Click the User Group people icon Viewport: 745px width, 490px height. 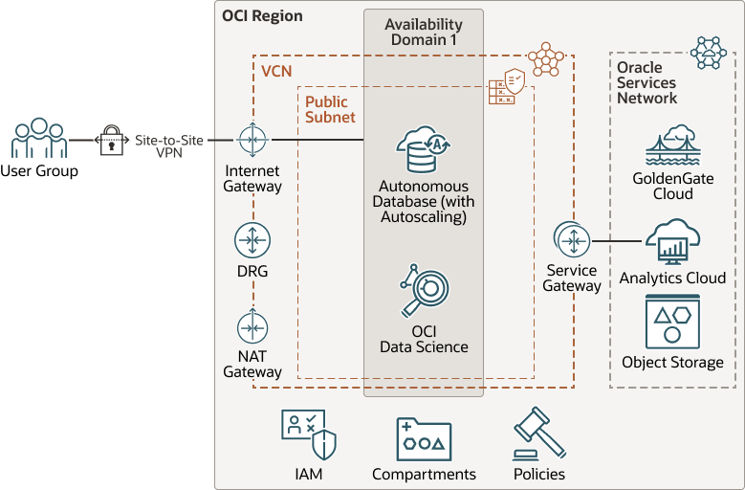[38, 139]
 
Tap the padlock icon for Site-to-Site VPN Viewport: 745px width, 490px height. [112, 140]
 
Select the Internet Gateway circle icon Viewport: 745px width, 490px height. [252, 141]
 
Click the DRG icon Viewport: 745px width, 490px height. [252, 240]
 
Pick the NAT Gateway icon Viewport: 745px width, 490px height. [252, 328]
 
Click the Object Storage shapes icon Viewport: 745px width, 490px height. [672, 323]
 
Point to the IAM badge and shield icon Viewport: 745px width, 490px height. [309, 434]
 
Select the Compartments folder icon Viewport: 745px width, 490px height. [424, 439]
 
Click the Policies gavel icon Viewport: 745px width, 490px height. [539, 434]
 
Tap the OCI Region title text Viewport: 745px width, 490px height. [262, 16]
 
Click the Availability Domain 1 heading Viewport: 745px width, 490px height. [423, 32]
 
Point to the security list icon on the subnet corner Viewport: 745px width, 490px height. [506, 87]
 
